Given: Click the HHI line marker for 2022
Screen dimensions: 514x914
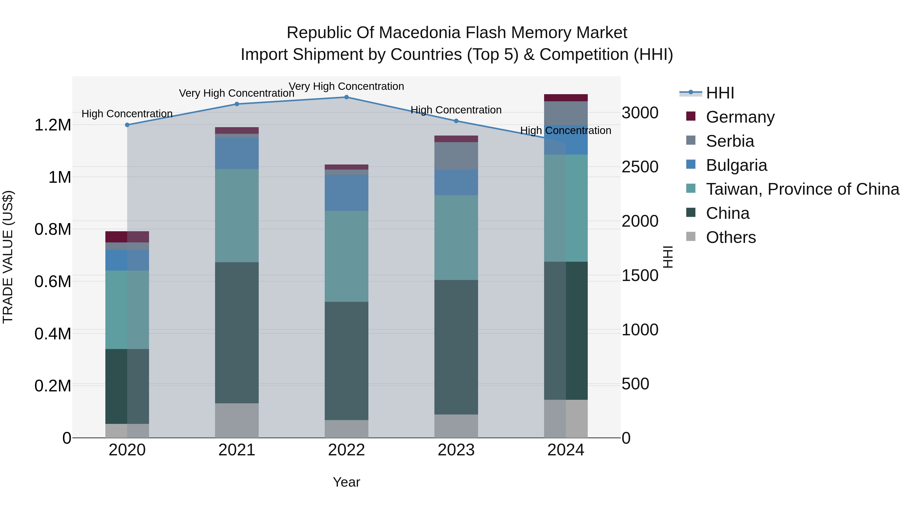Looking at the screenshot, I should click(346, 97).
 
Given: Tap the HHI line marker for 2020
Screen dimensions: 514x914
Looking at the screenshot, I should click(127, 125).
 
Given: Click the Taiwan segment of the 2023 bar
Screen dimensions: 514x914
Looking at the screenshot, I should click(456, 237).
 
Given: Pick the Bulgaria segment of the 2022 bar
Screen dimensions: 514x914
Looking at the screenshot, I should click(346, 193).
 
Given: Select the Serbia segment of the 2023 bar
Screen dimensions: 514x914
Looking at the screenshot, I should click(456, 156).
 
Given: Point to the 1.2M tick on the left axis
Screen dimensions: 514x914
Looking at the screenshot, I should click(53, 125).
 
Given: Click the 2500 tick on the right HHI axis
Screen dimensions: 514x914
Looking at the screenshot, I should click(640, 167).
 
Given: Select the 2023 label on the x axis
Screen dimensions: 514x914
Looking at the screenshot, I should click(456, 450).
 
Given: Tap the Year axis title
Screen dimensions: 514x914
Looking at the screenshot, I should click(346, 482).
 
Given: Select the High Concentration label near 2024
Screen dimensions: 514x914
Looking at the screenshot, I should click(566, 130).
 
